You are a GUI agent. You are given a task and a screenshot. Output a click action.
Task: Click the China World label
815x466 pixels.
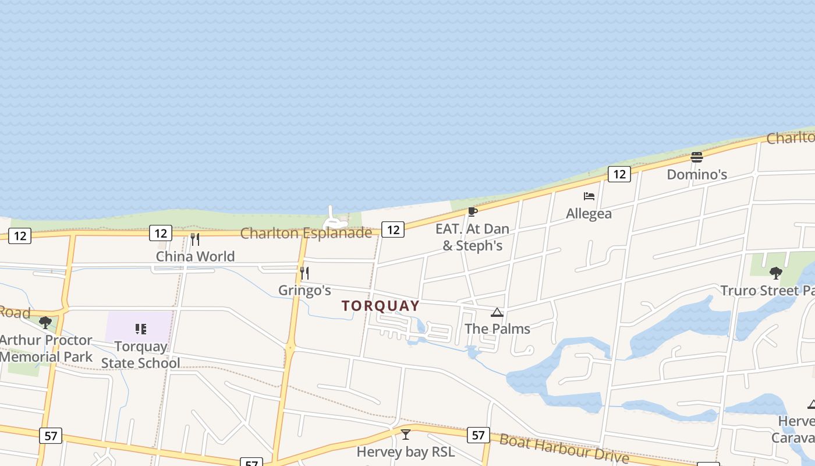pyautogui.click(x=195, y=256)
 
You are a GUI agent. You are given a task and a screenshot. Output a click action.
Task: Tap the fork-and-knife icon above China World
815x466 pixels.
pyautogui.click(x=195, y=239)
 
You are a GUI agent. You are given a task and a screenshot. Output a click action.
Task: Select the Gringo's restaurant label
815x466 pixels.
pyautogui.click(x=304, y=290)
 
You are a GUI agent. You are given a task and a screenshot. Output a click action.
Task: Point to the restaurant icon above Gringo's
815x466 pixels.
pyautogui.click(x=304, y=273)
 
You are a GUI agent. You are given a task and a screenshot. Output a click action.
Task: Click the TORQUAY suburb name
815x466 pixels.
pyautogui.click(x=381, y=306)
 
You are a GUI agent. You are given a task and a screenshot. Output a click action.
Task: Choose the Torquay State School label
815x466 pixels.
pyautogui.click(x=140, y=355)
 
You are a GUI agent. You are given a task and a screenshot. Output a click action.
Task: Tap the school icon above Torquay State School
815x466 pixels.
pyautogui.click(x=140, y=329)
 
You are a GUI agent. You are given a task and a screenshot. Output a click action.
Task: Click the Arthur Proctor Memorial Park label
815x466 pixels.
pyautogui.click(x=46, y=348)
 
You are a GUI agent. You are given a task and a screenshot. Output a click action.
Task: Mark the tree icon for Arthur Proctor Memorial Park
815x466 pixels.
pyautogui.click(x=45, y=322)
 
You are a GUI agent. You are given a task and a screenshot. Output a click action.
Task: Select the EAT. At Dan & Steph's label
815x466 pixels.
pyautogui.click(x=472, y=237)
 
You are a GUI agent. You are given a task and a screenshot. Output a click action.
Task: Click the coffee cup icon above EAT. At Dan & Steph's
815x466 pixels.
pyautogui.click(x=472, y=211)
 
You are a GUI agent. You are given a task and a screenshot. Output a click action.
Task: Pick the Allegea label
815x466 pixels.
pyautogui.click(x=589, y=214)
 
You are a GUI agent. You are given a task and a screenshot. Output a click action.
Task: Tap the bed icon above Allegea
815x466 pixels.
pyautogui.click(x=589, y=196)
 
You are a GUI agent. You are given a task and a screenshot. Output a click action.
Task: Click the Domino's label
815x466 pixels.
pyautogui.click(x=697, y=174)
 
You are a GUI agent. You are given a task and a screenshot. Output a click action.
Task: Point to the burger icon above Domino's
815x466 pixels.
pyautogui.click(x=697, y=157)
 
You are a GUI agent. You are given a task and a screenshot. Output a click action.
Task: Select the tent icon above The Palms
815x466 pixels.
pyautogui.click(x=497, y=313)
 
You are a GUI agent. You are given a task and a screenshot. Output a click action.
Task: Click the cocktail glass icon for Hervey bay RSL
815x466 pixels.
pyautogui.click(x=406, y=435)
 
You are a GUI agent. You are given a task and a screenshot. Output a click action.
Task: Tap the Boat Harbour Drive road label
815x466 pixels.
pyautogui.click(x=564, y=448)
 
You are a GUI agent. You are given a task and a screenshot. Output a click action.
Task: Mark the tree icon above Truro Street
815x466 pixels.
pyautogui.click(x=775, y=273)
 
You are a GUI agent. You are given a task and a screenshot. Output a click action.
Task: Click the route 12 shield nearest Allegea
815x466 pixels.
pyautogui.click(x=619, y=174)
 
